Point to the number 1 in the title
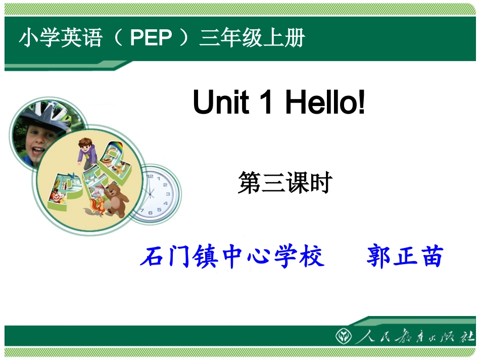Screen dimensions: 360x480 tap(267, 102)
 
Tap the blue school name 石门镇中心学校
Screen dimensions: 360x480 tap(232, 257)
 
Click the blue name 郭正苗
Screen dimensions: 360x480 tap(405, 257)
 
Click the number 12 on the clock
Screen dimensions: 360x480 tap(150, 176)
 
